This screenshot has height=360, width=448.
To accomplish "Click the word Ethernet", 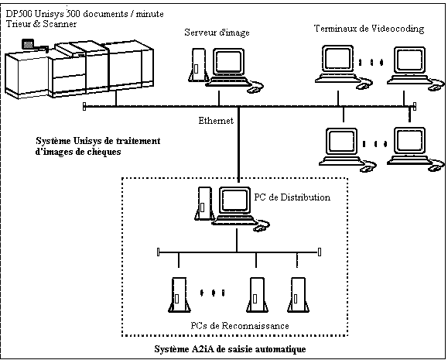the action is click(x=216, y=121).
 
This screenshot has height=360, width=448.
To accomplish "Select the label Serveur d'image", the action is click(x=217, y=33).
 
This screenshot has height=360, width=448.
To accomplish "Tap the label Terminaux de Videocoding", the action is click(x=369, y=29).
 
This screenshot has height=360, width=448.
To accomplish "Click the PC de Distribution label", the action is click(x=292, y=197).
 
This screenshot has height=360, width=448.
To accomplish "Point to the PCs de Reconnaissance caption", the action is click(x=240, y=326).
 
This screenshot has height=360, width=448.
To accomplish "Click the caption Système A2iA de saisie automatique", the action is click(x=230, y=349).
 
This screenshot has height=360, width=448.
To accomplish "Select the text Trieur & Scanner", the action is click(x=41, y=23).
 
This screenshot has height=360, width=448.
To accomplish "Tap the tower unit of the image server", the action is click(x=198, y=66).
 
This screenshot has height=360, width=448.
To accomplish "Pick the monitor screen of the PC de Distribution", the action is click(x=235, y=200).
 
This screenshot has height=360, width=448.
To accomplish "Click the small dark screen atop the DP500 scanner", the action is click(x=28, y=44).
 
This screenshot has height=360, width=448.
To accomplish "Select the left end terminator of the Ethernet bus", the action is click(x=84, y=106).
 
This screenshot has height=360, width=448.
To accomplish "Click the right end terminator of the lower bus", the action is click(x=320, y=252).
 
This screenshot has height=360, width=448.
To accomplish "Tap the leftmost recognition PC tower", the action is click(x=180, y=295).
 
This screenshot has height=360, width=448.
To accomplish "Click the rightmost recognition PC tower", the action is click(x=299, y=295).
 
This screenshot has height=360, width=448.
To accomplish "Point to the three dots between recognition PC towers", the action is click(x=212, y=293).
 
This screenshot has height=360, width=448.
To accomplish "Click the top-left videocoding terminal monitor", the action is click(x=337, y=59).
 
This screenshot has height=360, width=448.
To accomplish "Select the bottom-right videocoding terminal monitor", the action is click(x=409, y=142).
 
